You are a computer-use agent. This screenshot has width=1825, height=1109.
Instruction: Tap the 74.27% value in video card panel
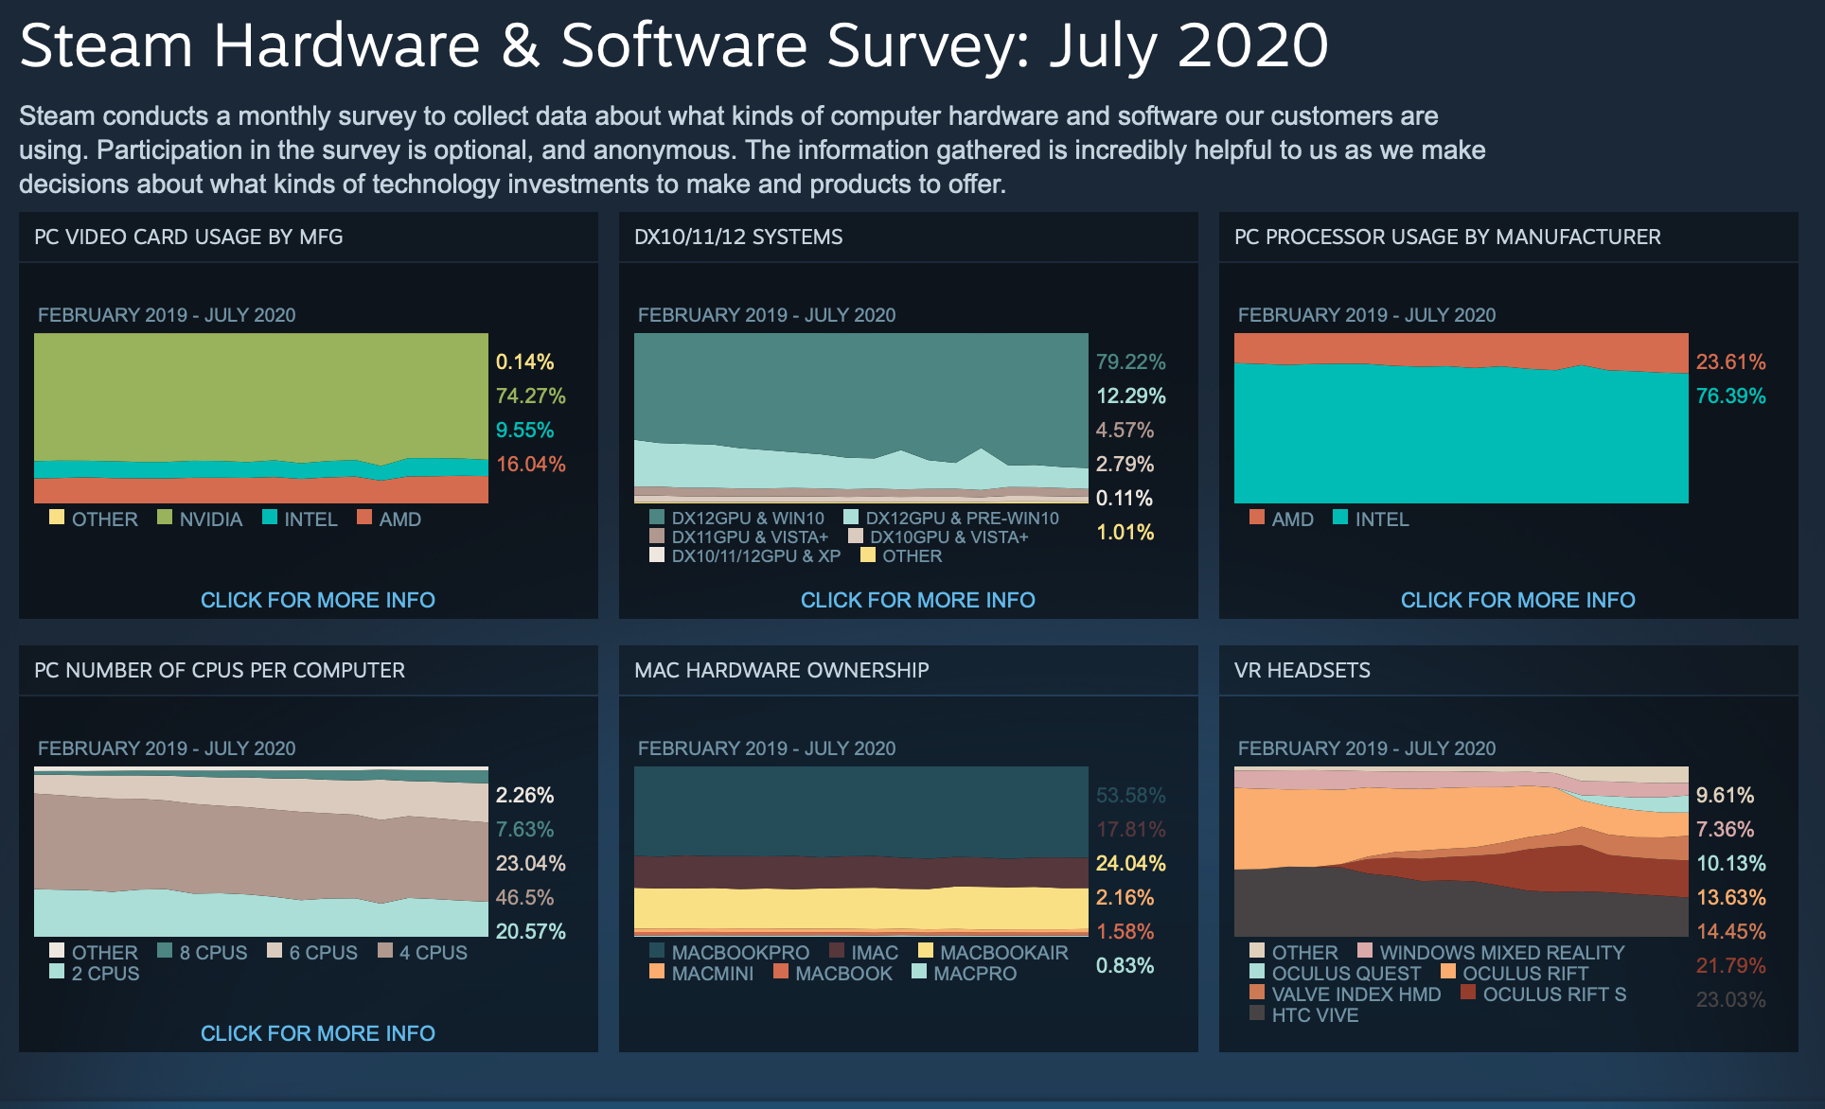[x=530, y=396]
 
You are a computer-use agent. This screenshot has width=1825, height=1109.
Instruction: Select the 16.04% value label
[x=530, y=464]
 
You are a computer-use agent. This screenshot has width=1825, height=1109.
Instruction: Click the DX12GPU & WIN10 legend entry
[x=736, y=518]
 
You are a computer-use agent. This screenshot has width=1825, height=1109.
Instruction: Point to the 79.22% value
[x=1130, y=361]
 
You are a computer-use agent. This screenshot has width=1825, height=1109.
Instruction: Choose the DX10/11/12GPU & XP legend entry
[x=745, y=555]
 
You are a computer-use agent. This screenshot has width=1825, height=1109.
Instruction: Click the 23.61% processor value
[x=1730, y=361]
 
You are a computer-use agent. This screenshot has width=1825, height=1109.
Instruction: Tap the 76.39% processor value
[x=1730, y=396]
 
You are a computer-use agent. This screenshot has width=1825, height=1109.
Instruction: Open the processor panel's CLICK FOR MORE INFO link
[x=1517, y=600]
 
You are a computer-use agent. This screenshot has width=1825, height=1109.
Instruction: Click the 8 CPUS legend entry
[x=203, y=952]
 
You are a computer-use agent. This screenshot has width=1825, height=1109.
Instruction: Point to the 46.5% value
[x=524, y=897]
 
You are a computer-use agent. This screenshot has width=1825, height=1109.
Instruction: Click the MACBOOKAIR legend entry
[x=993, y=952]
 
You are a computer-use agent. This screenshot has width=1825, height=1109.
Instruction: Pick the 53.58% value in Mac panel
[x=1130, y=795]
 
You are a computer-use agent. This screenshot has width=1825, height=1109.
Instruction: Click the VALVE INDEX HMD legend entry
[x=1345, y=994]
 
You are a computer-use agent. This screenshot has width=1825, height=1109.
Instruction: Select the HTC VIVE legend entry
[x=1304, y=1014]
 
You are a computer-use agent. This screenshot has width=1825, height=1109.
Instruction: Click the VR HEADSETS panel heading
[x=1302, y=670]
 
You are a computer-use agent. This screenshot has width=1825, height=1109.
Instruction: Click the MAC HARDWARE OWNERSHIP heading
[x=781, y=670]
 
